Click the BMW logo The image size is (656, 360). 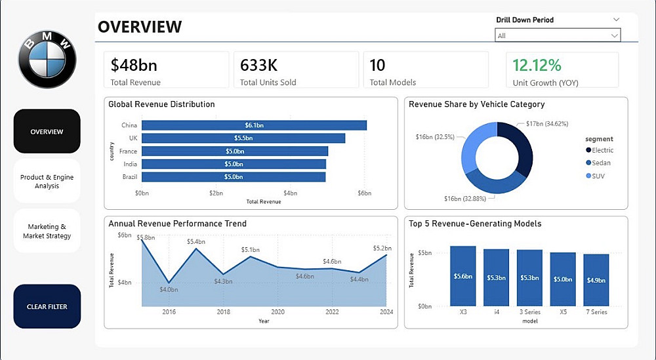[x=47, y=59]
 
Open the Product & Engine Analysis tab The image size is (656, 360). [x=47, y=182]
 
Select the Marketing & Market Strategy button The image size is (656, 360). [x=47, y=231]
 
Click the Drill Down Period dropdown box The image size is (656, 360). [x=558, y=35]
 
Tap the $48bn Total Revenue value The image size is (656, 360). [x=134, y=66]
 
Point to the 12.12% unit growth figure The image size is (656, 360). [x=537, y=66]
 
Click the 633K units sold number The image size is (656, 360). [x=258, y=66]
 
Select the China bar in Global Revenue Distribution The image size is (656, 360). [x=254, y=125]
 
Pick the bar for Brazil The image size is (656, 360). [x=234, y=177]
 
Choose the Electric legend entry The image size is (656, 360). [x=602, y=151]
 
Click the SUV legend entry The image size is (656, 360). [x=599, y=176]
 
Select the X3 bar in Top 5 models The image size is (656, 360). [x=462, y=276]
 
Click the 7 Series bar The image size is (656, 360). [x=596, y=280]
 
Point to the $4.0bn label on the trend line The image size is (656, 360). [x=169, y=289]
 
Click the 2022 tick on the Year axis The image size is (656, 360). [x=333, y=312]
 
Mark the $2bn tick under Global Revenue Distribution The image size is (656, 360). [x=216, y=193]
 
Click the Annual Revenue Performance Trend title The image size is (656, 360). [x=177, y=224]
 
